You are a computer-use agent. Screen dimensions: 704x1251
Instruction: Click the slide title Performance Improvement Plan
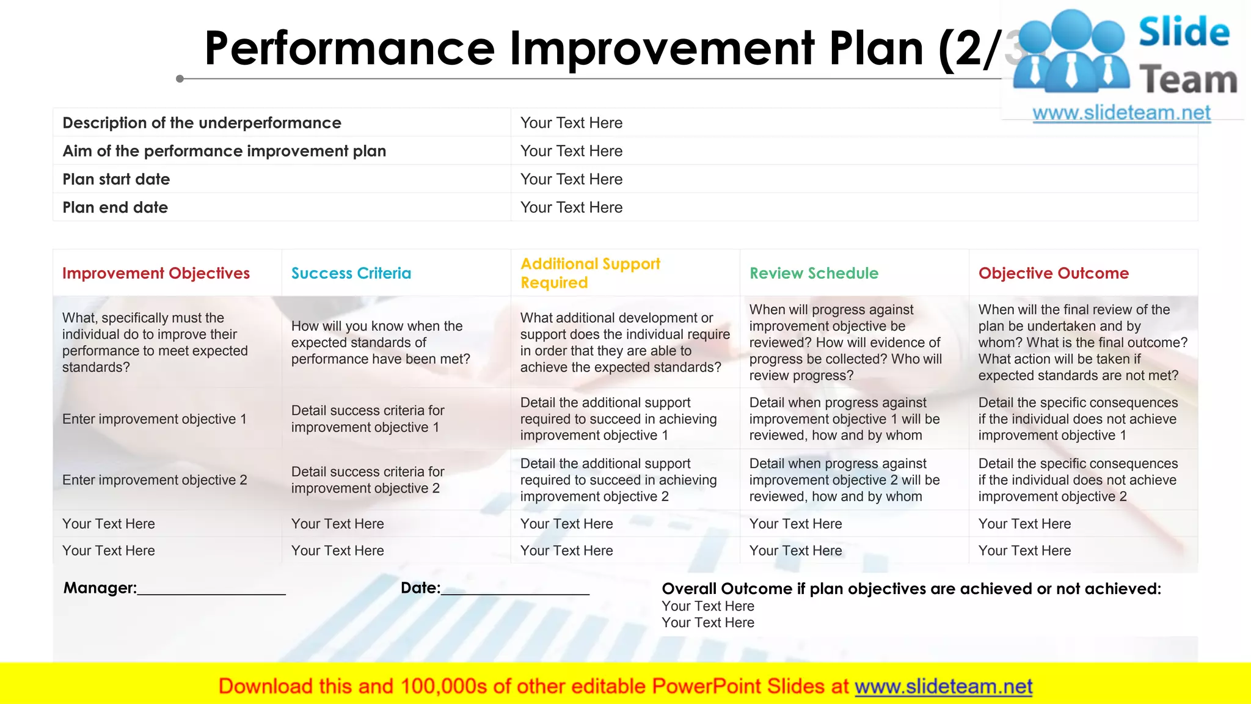coord(599,49)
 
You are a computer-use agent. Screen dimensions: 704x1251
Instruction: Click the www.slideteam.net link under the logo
coord(1121,113)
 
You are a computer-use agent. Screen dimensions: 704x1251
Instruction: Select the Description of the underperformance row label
coord(202,123)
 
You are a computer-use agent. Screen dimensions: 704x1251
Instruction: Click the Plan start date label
coord(116,179)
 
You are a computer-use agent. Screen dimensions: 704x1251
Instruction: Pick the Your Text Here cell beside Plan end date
coord(571,207)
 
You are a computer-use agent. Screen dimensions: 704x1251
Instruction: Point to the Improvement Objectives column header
coord(156,273)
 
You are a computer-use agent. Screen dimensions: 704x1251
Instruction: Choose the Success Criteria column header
coord(351,273)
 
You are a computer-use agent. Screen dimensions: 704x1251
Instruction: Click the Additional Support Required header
coord(589,273)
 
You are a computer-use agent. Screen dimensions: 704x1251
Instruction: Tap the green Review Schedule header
coord(814,273)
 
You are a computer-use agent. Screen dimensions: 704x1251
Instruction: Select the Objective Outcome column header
coord(1053,273)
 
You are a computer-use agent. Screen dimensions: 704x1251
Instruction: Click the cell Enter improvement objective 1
coord(154,419)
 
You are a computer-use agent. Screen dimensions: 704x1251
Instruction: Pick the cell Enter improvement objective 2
coord(154,480)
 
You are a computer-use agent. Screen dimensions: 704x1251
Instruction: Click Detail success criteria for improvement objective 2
coord(367,480)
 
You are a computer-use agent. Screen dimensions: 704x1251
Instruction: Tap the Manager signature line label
coord(100,588)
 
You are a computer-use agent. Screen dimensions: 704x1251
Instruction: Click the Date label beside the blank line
coord(420,588)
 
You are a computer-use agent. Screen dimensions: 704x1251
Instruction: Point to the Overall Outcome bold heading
coord(911,588)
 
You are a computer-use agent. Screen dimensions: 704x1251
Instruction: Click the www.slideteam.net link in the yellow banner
coord(943,687)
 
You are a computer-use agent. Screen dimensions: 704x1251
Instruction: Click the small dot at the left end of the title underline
coord(180,79)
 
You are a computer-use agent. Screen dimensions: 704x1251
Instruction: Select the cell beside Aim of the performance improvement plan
coord(571,151)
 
